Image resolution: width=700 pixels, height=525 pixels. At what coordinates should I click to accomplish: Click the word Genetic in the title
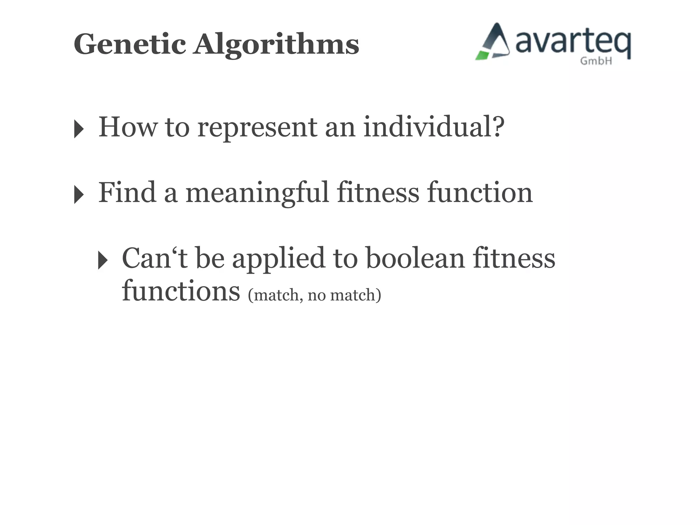coord(130,44)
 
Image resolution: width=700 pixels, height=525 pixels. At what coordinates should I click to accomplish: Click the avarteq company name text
coord(573,43)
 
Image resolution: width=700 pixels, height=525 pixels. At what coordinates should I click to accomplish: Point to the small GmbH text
coord(596,61)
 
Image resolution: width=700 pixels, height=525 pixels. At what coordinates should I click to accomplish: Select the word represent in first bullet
coord(257,128)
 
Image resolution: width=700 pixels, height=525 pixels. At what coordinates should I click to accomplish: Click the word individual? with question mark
coord(433,126)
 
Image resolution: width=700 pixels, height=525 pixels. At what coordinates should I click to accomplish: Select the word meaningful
coord(257,193)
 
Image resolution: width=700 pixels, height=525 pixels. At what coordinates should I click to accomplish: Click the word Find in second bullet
coord(127,192)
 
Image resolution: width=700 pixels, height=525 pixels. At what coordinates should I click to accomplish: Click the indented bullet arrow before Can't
coord(103,260)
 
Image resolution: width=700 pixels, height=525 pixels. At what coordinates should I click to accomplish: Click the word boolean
coord(415,258)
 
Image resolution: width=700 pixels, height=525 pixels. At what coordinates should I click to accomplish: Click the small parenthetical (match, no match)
coord(314,295)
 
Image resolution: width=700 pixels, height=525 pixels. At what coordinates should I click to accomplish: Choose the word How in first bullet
coord(128,127)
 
